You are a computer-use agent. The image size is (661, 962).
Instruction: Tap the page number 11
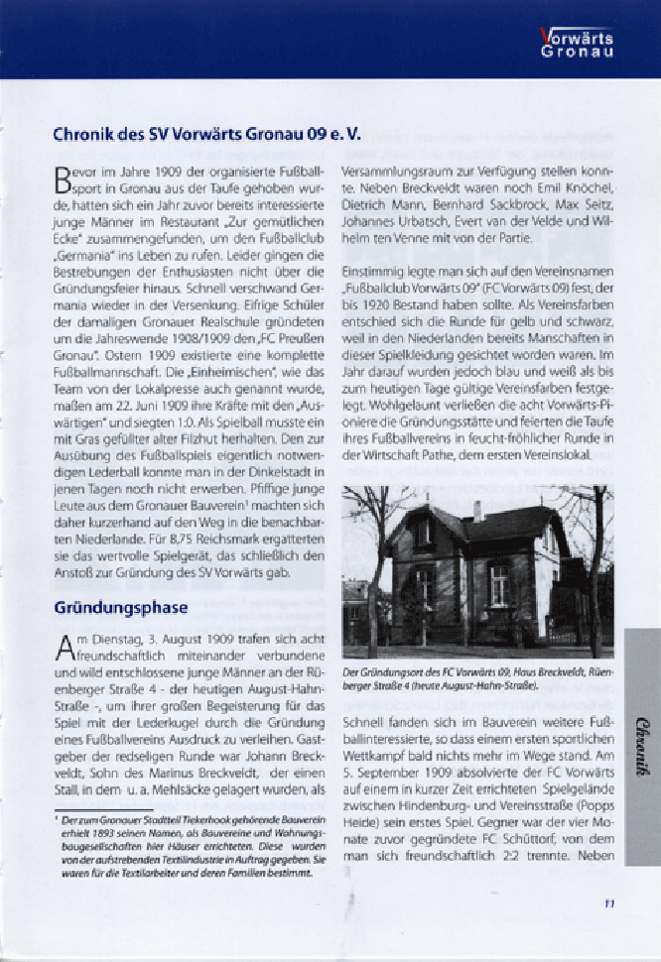608,902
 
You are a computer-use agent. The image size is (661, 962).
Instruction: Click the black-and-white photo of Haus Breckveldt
477,571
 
